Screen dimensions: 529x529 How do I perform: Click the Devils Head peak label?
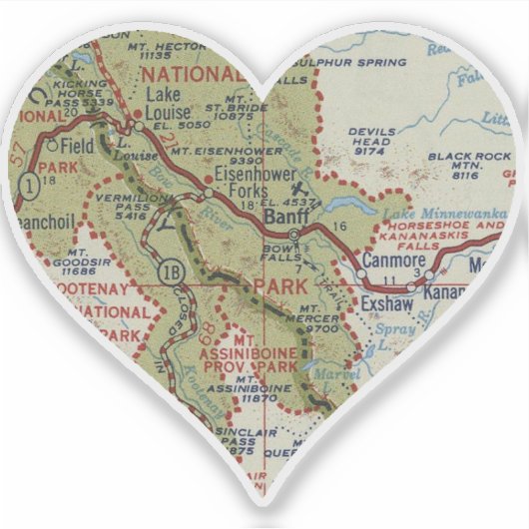click(371, 141)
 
